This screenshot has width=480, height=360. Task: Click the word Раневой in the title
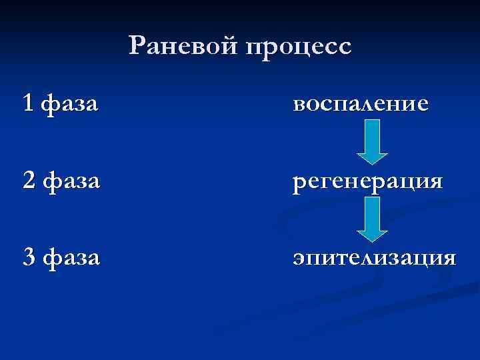pos(185,46)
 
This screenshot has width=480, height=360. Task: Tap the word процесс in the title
pos(298,47)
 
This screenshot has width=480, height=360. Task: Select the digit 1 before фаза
pos(27,103)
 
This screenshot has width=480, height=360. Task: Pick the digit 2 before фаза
pos(27,180)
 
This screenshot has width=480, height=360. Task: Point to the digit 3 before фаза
pos(27,257)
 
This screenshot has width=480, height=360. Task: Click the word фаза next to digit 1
pos(70,105)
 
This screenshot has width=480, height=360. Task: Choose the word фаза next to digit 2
pos(70,181)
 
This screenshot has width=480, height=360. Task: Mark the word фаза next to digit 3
pos(70,258)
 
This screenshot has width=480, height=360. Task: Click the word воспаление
pos(360,105)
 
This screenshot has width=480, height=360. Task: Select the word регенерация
pos(367,182)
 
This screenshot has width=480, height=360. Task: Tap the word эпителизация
pos(374,258)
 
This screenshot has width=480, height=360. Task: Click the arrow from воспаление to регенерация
pos(373,141)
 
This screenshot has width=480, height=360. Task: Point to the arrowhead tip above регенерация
pos(373,163)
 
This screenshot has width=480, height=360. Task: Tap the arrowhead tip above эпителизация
pos(373,240)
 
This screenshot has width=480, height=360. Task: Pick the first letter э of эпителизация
pos(299,258)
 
